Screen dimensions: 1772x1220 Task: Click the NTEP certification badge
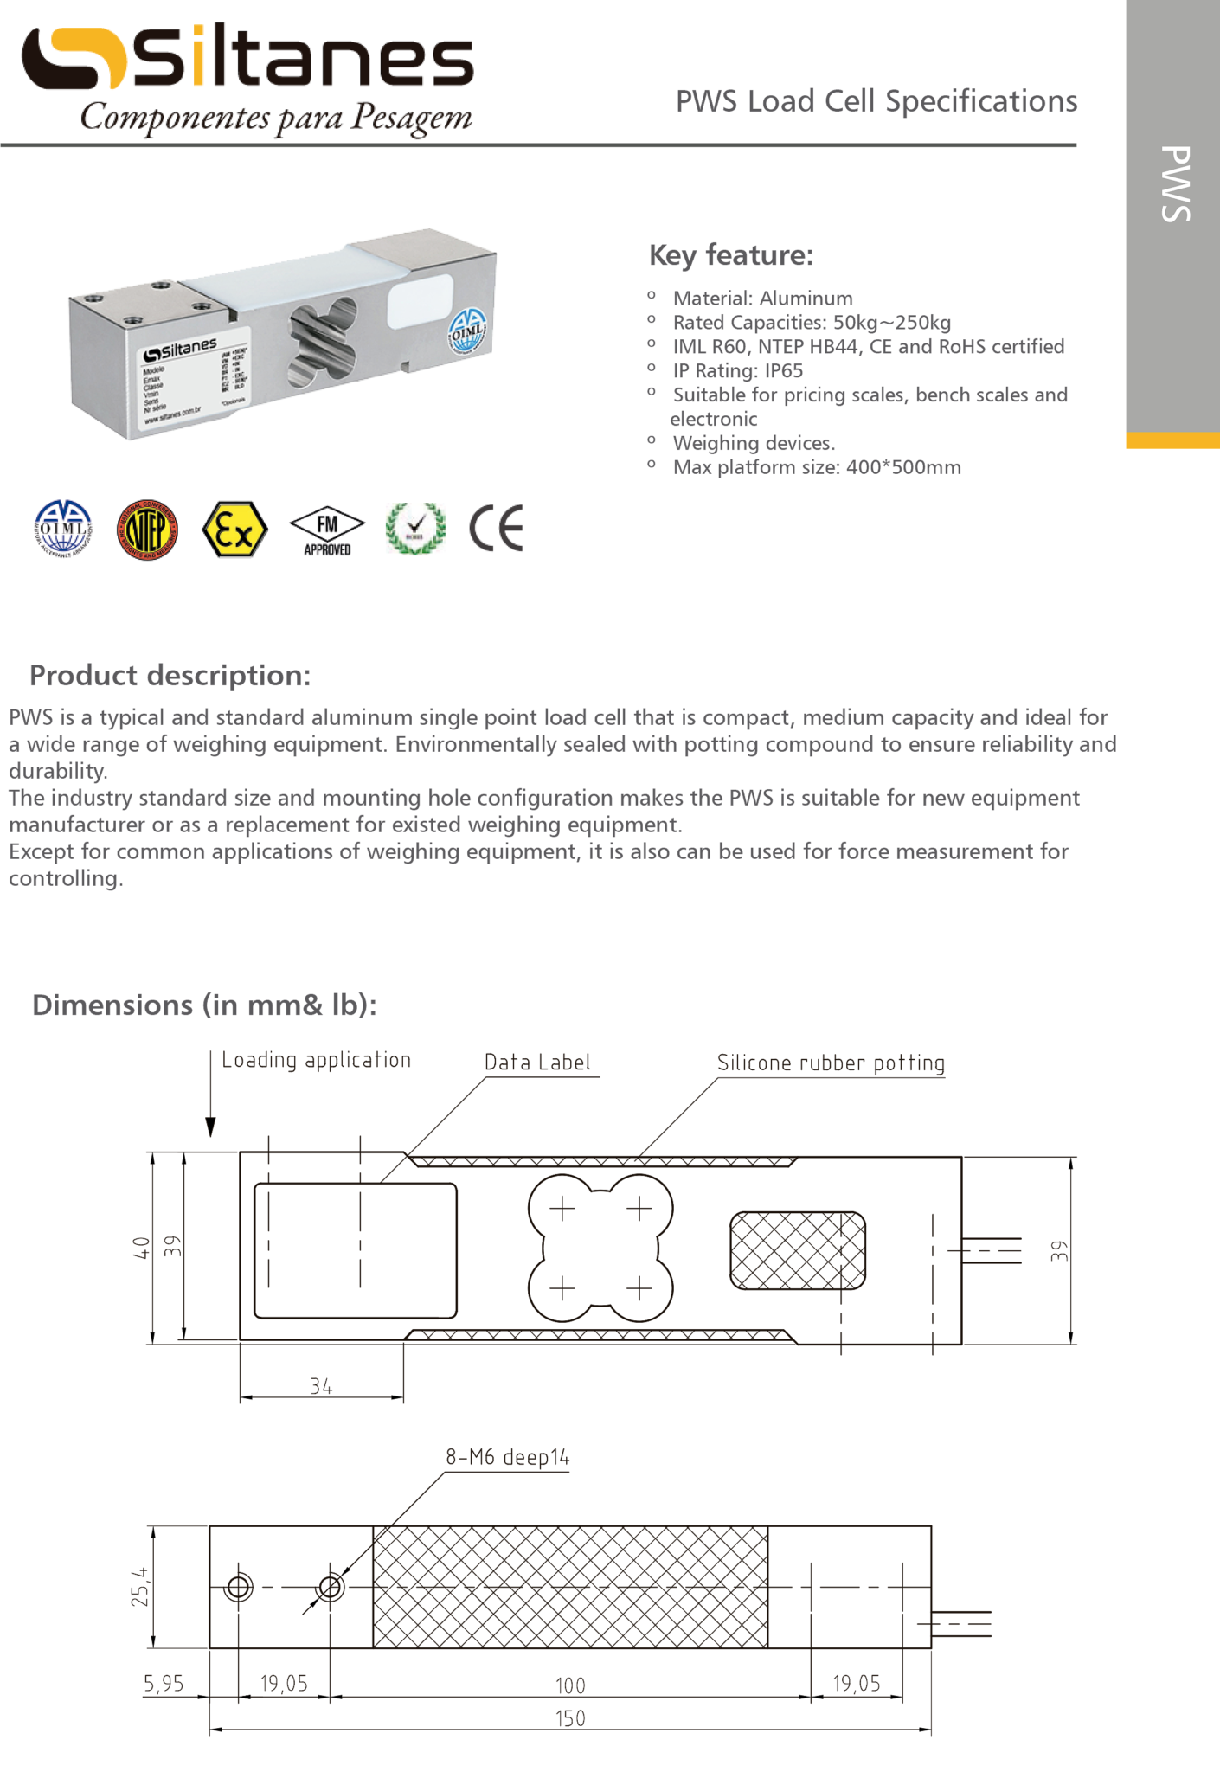(148, 530)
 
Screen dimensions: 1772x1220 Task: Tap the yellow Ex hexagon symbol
(234, 530)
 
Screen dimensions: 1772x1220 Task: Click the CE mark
(497, 528)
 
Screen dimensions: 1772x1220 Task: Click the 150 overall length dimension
(570, 1718)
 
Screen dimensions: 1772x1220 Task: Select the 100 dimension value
(570, 1685)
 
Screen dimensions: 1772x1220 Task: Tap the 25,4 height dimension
(140, 1587)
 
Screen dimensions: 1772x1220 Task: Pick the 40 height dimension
(141, 1247)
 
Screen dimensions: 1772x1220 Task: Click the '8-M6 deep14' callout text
(508, 1457)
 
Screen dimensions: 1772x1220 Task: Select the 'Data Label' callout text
(537, 1063)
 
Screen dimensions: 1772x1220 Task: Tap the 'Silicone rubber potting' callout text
(831, 1063)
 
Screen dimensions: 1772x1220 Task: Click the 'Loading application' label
(316, 1060)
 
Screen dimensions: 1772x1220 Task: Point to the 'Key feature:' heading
(731, 255)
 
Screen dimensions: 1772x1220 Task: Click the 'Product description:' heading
(170, 675)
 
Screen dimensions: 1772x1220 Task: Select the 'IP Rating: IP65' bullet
(737, 370)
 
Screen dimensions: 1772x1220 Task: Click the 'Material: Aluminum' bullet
(762, 299)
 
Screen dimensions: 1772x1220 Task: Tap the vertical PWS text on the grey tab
(1175, 183)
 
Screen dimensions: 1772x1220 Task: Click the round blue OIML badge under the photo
(63, 529)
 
